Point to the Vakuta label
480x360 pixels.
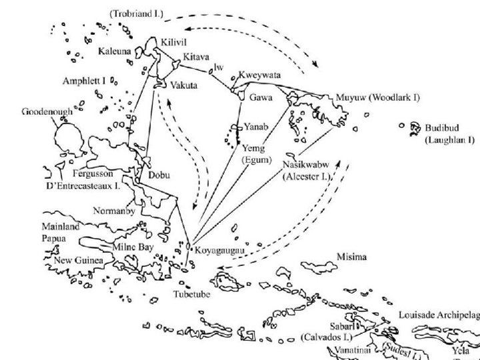point(183,86)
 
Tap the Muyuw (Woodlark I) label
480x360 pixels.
point(378,97)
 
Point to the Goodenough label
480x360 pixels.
point(47,111)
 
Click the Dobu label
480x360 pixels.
point(159,175)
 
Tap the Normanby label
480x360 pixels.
point(115,211)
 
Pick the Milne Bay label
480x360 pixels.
point(133,247)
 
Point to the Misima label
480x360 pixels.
point(353,257)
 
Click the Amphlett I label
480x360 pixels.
point(85,81)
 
